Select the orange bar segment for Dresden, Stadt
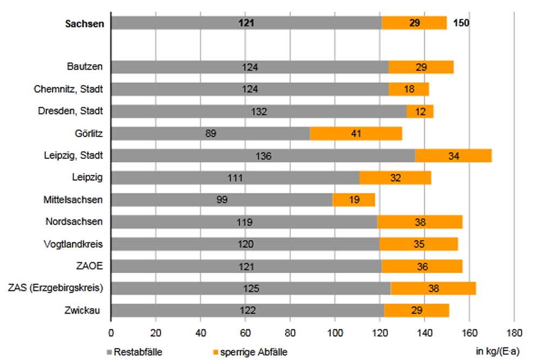(x=420, y=111)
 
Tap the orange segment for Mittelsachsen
(x=354, y=200)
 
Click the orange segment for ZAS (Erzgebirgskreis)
(x=434, y=288)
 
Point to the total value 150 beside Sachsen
(x=461, y=23)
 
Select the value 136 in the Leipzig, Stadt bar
(x=263, y=156)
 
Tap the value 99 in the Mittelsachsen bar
(x=221, y=200)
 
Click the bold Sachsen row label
(x=84, y=24)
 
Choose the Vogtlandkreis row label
(x=73, y=244)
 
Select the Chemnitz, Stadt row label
(x=68, y=89)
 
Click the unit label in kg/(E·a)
(x=497, y=352)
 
